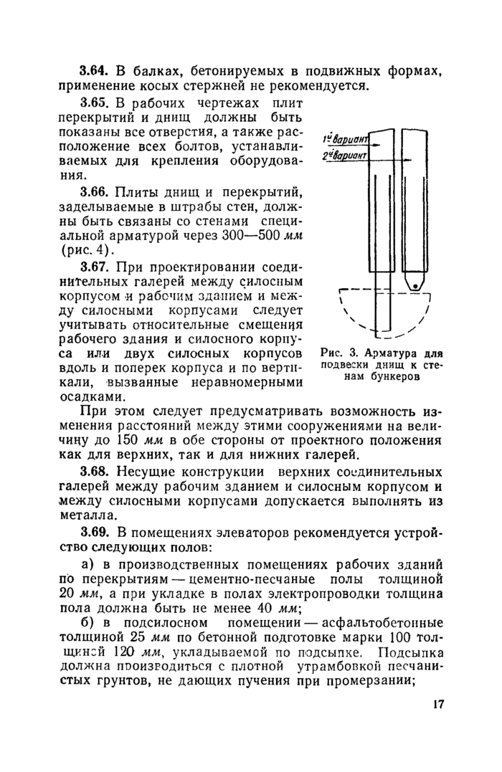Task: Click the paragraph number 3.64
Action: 93,72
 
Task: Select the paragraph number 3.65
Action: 93,103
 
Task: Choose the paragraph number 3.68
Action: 93,474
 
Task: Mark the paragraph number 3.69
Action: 93,534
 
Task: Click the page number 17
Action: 439,704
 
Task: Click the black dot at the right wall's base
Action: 415,287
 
